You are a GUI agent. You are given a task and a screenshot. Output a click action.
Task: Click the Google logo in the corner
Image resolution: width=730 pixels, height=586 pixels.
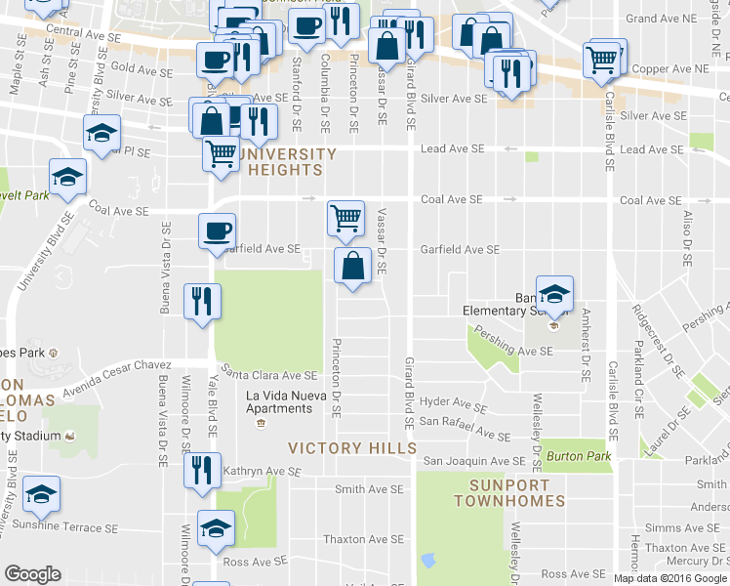coord(32,574)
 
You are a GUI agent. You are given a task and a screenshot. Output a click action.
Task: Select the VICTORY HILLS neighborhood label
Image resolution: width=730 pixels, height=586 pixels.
coord(352,447)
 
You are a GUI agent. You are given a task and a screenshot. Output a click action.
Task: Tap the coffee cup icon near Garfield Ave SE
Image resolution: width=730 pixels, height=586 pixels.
coord(216,231)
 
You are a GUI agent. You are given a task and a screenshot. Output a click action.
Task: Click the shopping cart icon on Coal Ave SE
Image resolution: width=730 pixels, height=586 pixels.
coord(345,218)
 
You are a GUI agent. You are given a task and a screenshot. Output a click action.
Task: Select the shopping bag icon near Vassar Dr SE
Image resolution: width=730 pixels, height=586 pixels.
coord(352,265)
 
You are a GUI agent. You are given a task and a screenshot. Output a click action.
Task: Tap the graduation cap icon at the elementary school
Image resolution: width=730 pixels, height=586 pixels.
coord(553,293)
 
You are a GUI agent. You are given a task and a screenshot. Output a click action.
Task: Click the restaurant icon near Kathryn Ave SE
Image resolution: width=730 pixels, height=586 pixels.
coord(202,469)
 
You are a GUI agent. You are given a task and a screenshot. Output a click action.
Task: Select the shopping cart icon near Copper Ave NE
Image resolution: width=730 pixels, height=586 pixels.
coord(601,60)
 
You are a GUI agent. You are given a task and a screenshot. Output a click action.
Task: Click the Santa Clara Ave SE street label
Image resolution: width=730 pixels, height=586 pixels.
coord(270,375)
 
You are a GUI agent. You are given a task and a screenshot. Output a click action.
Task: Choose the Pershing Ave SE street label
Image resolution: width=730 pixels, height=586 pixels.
coord(514,351)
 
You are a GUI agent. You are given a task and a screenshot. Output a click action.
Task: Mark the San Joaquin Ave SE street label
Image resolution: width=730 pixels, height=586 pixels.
coord(473,461)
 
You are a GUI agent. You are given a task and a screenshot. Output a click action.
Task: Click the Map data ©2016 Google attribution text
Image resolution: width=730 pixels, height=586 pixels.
coord(670,577)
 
